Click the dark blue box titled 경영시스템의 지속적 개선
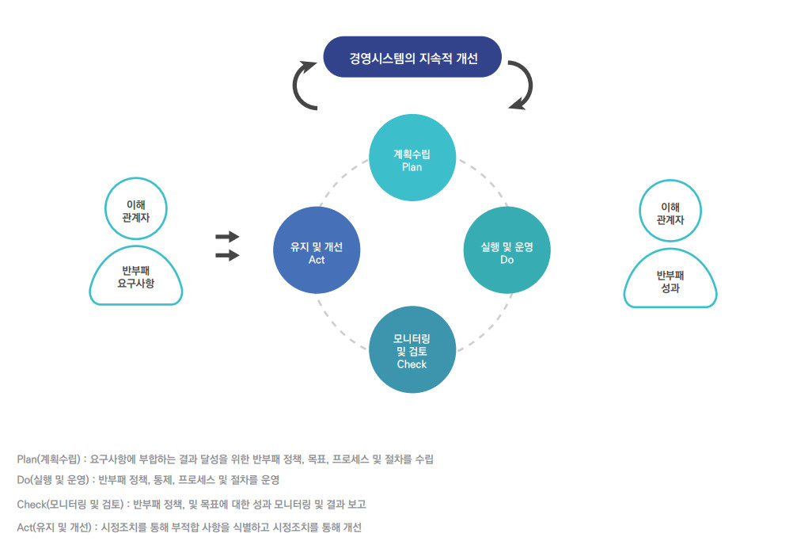tap(412, 57)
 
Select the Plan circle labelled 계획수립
tap(412, 158)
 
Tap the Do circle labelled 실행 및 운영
tap(507, 250)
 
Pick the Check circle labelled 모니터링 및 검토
tap(412, 349)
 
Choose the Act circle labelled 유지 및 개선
tap(317, 250)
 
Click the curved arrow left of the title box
tap(296, 86)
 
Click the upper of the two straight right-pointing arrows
tap(227, 237)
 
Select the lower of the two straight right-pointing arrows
tap(227, 255)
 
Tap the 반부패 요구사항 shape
tap(135, 276)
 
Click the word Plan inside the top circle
tap(412, 167)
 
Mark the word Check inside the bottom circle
tap(412, 364)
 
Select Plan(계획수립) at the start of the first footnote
tap(49, 459)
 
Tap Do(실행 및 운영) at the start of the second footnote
tap(53, 480)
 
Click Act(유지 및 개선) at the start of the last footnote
tap(54, 528)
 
